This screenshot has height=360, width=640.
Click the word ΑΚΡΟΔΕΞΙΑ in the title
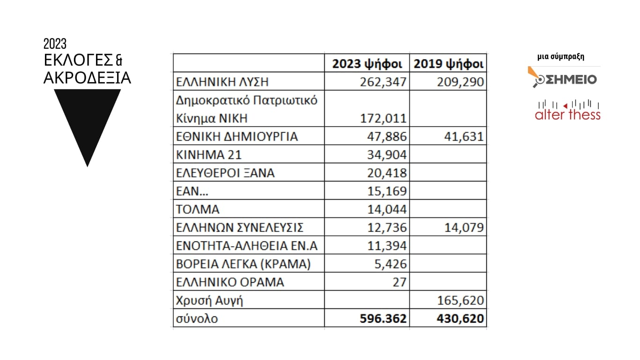[x=87, y=78]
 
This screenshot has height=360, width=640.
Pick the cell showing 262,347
[x=383, y=82]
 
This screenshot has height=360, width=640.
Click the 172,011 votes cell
[x=383, y=118]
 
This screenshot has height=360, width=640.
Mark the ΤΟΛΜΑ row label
[x=198, y=210]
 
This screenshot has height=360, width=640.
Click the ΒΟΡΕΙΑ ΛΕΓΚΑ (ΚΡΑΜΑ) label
[x=244, y=264]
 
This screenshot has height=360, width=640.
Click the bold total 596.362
[x=383, y=319]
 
